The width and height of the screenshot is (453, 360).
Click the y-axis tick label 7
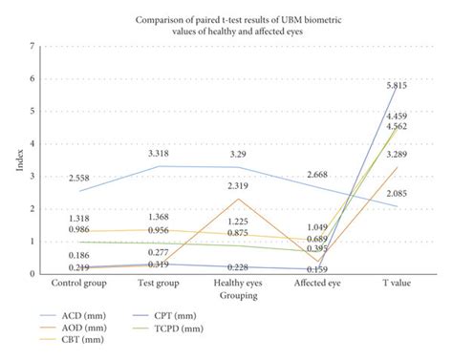tap(33, 47)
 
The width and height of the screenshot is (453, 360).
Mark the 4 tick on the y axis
tap(33, 144)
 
